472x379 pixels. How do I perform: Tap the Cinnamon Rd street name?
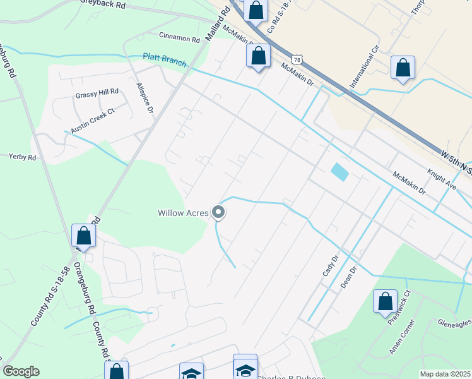click(x=179, y=37)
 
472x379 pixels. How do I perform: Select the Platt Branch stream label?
click(x=165, y=57)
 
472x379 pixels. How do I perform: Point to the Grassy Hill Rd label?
click(x=97, y=92)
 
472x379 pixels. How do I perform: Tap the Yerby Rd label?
click(x=22, y=155)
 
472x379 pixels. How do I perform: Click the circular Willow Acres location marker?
click(x=218, y=213)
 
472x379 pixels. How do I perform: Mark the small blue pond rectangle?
click(x=339, y=172)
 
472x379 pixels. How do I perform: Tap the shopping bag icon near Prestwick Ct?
click(x=385, y=301)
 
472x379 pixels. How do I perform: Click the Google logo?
click(x=21, y=371)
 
